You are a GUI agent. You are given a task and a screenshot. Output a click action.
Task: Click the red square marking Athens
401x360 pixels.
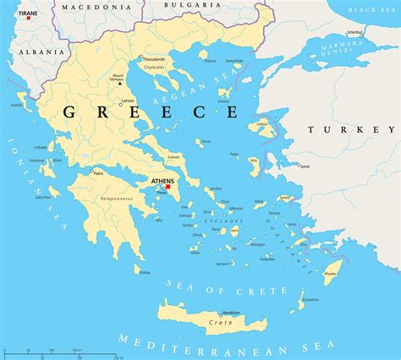168,187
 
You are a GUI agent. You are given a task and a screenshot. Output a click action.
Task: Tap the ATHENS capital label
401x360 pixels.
162,181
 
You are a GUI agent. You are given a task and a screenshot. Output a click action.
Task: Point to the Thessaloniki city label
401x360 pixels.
153,59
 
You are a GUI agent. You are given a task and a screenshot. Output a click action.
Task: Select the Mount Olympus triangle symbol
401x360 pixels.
120,83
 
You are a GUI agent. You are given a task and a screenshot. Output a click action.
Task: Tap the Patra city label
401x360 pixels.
98,173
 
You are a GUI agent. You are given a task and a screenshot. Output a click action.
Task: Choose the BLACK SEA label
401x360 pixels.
376,10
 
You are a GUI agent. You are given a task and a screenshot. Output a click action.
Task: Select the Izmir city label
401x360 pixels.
304,166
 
